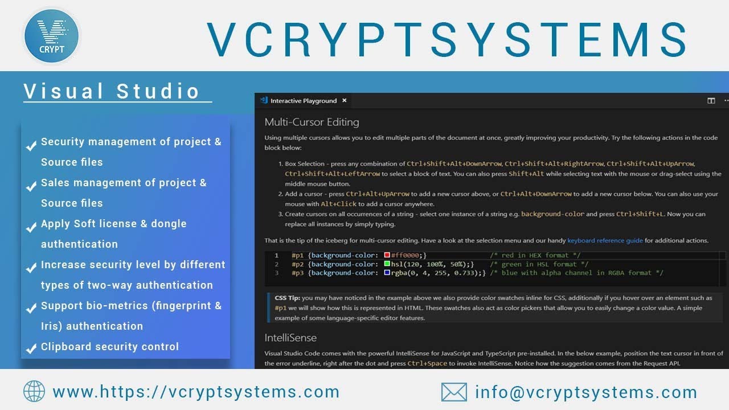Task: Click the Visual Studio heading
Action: (x=112, y=91)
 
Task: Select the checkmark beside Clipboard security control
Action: (x=32, y=348)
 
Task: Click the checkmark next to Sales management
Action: (x=32, y=184)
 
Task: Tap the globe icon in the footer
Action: (x=34, y=391)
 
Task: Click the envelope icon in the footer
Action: (x=454, y=392)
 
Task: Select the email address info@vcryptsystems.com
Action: (x=586, y=392)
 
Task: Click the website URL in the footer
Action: (x=196, y=392)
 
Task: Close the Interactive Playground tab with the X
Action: (x=344, y=101)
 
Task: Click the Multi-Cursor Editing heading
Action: (x=312, y=122)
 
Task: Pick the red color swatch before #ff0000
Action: (x=387, y=256)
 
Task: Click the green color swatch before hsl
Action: (x=387, y=264)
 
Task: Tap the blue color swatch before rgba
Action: (x=387, y=273)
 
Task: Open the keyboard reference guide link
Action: (x=605, y=240)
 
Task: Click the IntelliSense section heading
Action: (x=290, y=338)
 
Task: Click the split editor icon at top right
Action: (x=711, y=101)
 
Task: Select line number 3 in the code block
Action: (x=277, y=273)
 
